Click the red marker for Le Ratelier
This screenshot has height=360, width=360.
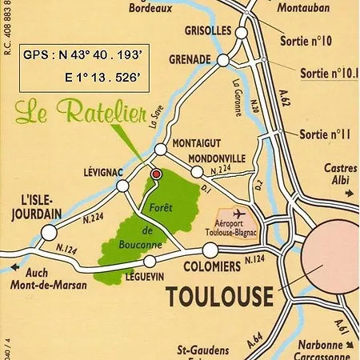tap(157, 173)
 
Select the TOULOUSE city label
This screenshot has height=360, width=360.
tap(219, 298)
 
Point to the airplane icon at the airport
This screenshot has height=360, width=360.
tap(238, 214)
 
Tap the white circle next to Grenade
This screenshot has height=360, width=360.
tap(223, 60)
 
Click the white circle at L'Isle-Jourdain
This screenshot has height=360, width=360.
tap(50, 233)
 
